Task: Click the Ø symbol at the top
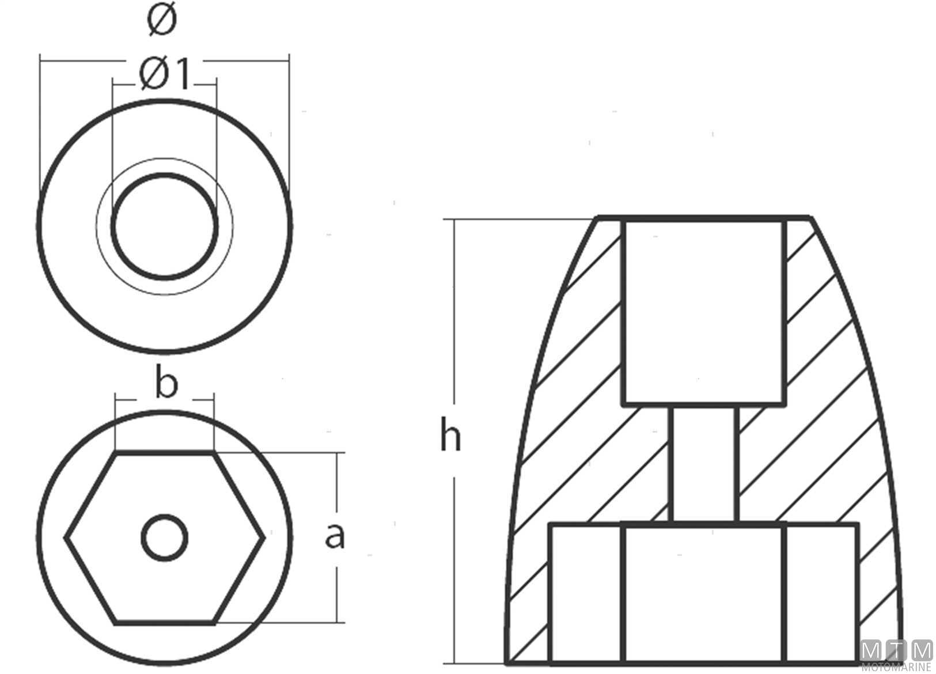[162, 20]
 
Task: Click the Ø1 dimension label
[164, 74]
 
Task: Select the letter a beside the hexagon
[335, 536]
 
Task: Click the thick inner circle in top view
[164, 226]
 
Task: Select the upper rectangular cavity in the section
[704, 313]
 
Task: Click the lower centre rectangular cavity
[704, 593]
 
